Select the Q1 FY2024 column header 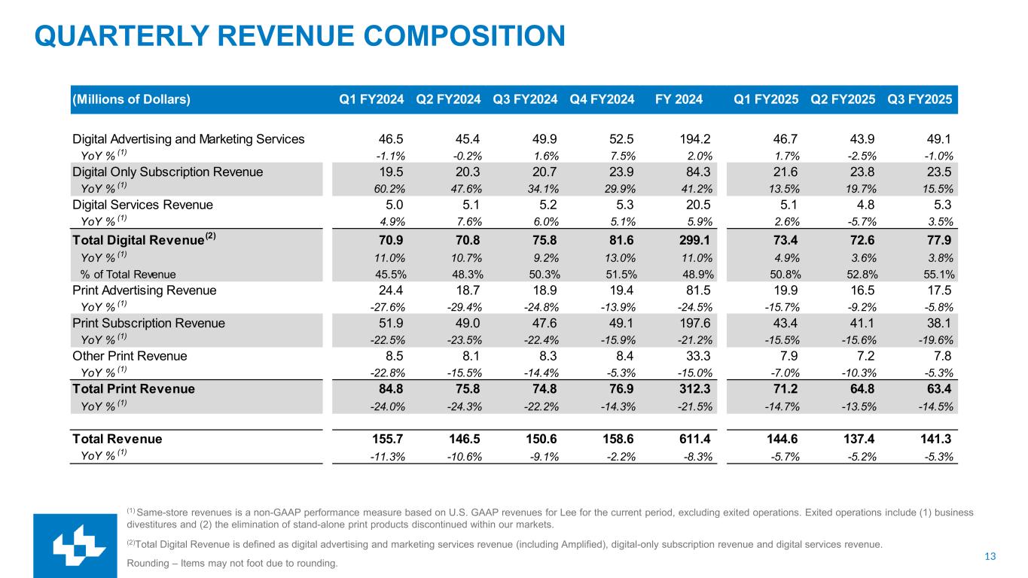[371, 99]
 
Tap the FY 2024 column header [679, 99]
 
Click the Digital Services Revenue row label [142, 205]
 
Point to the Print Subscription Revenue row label [148, 323]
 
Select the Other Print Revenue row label [130, 356]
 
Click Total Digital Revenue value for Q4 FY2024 [612, 241]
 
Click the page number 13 [990, 556]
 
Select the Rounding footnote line [232, 563]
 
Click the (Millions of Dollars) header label [131, 99]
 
